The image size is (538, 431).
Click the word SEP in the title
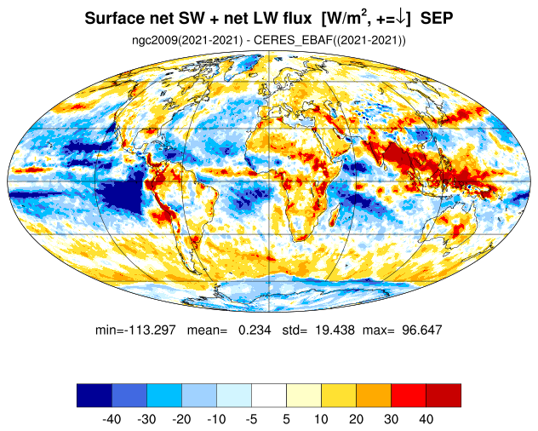437,18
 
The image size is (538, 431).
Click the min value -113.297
151,330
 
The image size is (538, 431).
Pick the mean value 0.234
255,330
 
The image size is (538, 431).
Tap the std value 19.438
335,330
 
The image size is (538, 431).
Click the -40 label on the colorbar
112,419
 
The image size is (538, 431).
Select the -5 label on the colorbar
251,419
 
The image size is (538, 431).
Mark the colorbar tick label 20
356,419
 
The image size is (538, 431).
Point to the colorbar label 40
426,419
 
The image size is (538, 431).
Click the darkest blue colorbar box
94,395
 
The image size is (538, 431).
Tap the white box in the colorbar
269,395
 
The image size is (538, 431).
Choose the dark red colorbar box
444,395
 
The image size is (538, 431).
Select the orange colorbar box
374,395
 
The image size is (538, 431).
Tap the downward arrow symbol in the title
400,18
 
